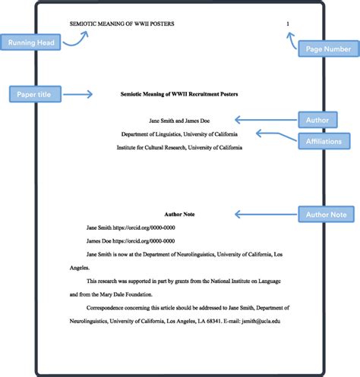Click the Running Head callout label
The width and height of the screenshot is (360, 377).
31,42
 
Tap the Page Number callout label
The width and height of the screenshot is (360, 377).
327,49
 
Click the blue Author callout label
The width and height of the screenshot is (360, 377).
317,119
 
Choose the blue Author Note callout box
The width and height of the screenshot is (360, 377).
325,215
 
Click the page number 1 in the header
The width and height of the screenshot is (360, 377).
288,24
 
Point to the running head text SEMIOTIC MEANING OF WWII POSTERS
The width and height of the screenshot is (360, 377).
122,24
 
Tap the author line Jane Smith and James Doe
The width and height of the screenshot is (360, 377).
179,120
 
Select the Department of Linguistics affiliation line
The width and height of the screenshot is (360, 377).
179,134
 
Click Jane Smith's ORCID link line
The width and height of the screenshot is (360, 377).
131,227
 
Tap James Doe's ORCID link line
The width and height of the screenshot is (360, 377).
131,240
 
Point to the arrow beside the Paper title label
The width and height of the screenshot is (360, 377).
79,95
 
